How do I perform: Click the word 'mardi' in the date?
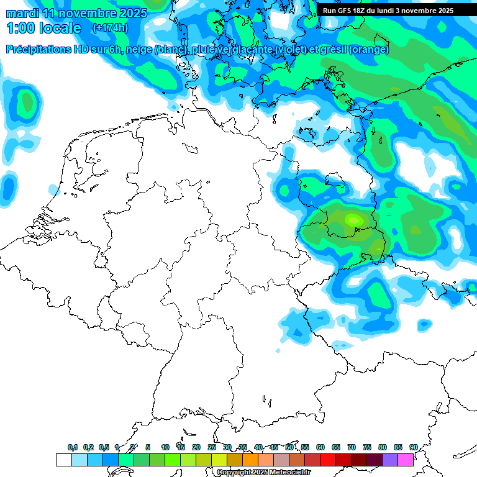tap(21, 13)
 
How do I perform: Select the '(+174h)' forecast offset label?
tap(110, 28)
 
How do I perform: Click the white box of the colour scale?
tap(63, 460)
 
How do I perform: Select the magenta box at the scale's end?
tap(406, 460)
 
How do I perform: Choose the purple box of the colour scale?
tap(390, 460)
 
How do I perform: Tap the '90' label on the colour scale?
tap(414, 447)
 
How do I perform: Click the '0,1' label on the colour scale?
tap(73, 447)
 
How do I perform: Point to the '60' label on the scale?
tap(320, 447)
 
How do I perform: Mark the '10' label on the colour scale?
tap(165, 447)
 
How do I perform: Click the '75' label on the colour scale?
tap(367, 447)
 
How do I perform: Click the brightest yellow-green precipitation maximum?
tap(354, 219)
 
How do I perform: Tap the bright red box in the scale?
tap(328, 460)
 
